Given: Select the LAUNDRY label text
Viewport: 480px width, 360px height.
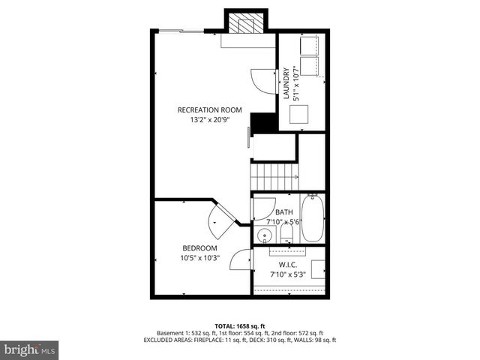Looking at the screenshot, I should pyautogui.click(x=286, y=84).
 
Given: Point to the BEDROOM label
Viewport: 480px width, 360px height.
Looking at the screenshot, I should pyautogui.click(x=199, y=248).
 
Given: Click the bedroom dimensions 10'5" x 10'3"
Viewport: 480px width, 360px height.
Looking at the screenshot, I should pyautogui.click(x=199, y=259).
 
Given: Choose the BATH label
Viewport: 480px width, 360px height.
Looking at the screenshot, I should pyautogui.click(x=284, y=212).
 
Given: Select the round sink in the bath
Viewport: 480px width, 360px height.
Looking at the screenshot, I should pyautogui.click(x=263, y=236).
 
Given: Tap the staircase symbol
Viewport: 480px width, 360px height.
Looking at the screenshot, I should pyautogui.click(x=274, y=177).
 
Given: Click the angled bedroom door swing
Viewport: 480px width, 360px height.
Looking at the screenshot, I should pyautogui.click(x=218, y=218).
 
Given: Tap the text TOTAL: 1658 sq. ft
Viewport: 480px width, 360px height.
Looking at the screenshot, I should pyautogui.click(x=240, y=325).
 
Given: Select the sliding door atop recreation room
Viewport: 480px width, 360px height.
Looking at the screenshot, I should pyautogui.click(x=181, y=31).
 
